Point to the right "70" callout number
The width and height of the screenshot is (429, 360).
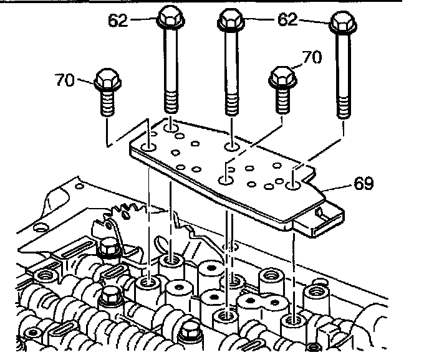(x=311, y=58)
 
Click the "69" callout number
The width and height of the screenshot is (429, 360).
(x=363, y=184)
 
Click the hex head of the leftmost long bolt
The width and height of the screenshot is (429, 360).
(x=170, y=19)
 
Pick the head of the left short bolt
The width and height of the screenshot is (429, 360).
(x=108, y=81)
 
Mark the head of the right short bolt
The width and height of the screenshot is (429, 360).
(x=281, y=77)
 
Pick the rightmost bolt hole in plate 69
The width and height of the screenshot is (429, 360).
(x=293, y=185)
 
